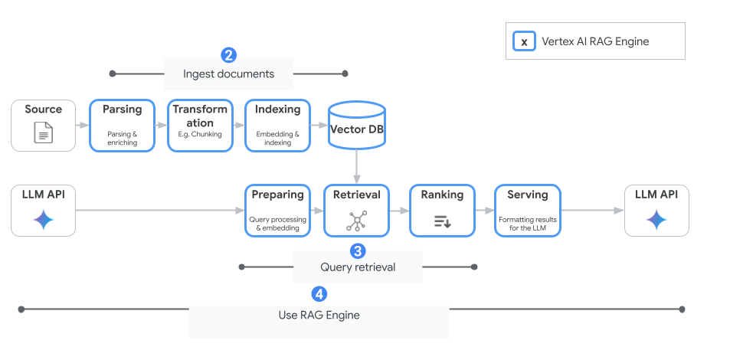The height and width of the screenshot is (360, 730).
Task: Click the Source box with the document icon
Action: [43, 124]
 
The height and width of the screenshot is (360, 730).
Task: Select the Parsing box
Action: [123, 124]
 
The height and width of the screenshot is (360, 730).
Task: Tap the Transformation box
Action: [200, 124]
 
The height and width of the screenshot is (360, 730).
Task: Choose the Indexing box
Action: [277, 124]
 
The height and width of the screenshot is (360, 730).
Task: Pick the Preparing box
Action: [277, 209]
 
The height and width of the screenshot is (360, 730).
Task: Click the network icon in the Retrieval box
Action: [356, 221]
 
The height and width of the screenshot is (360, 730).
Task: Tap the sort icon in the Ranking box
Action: [442, 221]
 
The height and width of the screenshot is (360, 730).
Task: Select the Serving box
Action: [528, 209]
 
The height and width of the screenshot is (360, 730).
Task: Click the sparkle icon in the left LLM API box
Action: [43, 221]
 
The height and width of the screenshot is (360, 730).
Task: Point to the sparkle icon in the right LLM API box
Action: [656, 221]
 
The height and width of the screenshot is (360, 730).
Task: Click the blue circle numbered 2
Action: [228, 55]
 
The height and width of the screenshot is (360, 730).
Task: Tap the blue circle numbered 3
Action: [357, 250]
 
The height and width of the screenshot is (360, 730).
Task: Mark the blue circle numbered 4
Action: [319, 294]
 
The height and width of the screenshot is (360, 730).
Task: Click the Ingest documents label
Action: [228, 74]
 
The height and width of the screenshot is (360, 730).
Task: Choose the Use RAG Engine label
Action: [319, 316]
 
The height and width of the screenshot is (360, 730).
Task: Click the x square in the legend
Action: [524, 42]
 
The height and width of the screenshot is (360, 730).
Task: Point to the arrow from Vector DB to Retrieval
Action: [357, 166]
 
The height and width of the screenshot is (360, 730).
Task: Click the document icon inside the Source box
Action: [44, 133]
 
